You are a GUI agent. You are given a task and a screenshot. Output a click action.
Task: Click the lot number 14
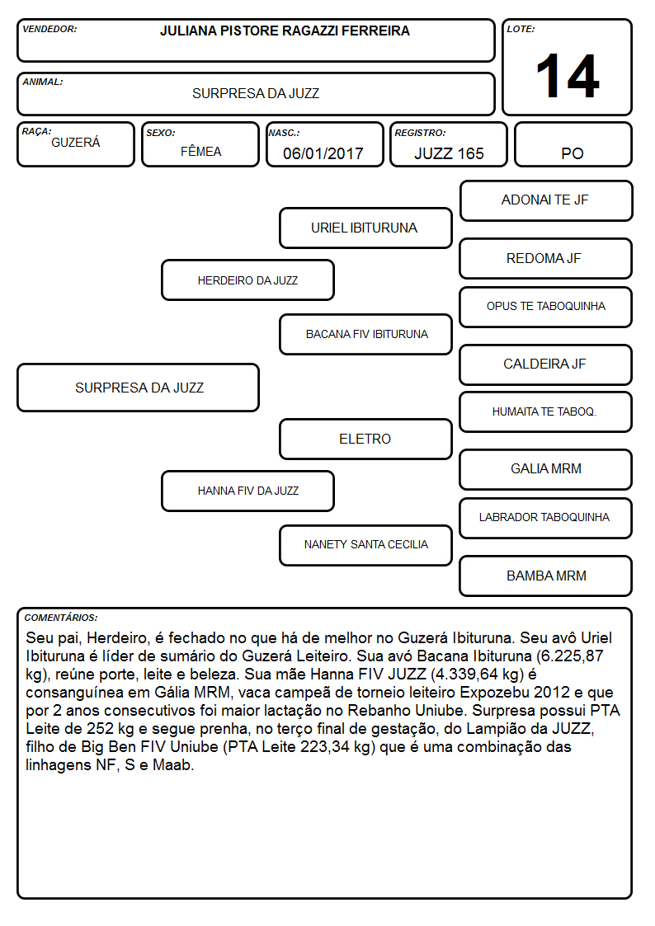[x=568, y=76]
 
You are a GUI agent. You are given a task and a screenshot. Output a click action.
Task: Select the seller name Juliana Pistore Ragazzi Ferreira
[x=285, y=31]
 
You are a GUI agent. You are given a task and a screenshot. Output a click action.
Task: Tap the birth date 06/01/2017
[x=323, y=153]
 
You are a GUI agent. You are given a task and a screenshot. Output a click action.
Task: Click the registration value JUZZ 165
[x=449, y=153]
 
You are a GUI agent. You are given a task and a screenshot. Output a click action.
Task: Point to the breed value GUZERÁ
[x=76, y=142]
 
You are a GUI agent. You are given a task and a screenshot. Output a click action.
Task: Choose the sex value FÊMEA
[x=200, y=151]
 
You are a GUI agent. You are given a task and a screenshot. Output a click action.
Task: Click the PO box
[x=573, y=144]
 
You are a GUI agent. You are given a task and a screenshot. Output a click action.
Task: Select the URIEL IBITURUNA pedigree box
[x=365, y=228]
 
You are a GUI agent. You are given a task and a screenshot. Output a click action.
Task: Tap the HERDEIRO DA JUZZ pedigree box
[x=248, y=280]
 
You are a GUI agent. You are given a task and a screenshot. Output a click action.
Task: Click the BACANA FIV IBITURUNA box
[x=365, y=334]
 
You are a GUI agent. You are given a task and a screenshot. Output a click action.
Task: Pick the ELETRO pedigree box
[x=365, y=439]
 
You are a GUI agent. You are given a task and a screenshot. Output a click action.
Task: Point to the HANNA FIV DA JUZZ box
[x=248, y=491]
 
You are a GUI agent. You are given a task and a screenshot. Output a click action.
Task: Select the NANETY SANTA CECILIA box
[x=365, y=545]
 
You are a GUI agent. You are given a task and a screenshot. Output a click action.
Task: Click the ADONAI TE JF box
[x=546, y=201]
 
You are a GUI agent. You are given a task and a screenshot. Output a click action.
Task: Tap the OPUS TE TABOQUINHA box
[x=546, y=307]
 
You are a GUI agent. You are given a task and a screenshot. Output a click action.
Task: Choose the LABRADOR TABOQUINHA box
[x=546, y=518]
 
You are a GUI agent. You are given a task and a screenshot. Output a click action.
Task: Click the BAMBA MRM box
[x=546, y=576]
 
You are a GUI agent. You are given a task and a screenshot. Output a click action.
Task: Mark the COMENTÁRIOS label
[x=61, y=618]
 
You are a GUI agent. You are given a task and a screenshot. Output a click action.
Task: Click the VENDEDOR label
[x=49, y=29]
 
